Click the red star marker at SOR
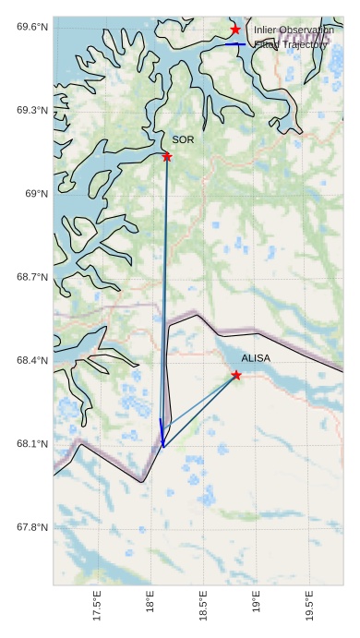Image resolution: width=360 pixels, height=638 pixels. [167, 157]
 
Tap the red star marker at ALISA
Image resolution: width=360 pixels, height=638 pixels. [236, 375]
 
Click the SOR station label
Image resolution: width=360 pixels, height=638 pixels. [183, 139]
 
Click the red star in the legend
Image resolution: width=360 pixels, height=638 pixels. [235, 30]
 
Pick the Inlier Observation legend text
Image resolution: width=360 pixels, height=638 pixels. [294, 30]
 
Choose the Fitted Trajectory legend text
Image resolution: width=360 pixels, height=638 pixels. [291, 44]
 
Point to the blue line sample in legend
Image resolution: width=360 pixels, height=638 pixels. [235, 44]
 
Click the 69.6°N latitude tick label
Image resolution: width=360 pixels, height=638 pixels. [31, 27]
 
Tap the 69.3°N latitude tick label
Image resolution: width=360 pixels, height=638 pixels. [31, 110]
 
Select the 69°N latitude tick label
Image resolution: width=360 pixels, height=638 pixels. [35, 193]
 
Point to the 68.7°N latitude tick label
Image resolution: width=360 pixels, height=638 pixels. [31, 277]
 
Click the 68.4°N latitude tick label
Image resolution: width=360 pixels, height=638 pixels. [31, 360]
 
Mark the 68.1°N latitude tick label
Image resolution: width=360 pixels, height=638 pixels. [31, 444]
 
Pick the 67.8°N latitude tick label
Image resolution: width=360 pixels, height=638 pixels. [31, 527]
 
